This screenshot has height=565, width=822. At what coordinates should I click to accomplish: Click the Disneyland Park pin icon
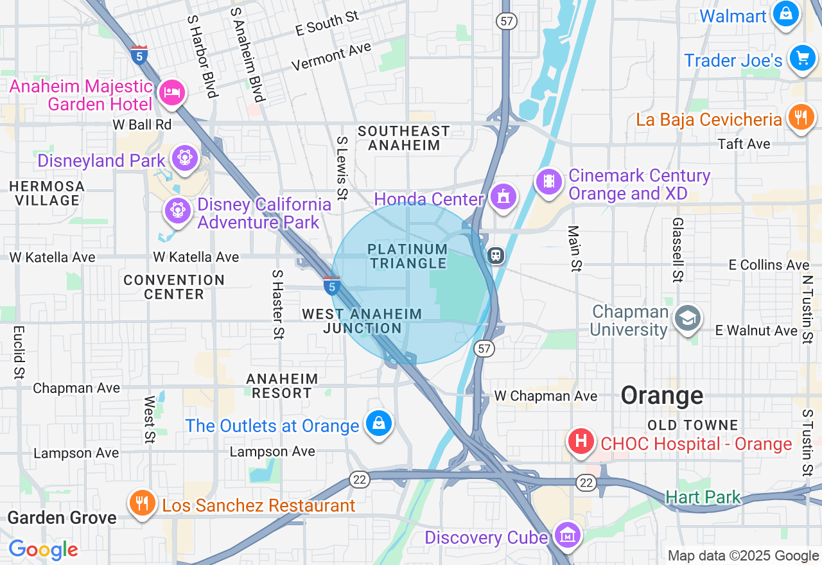point(185,157)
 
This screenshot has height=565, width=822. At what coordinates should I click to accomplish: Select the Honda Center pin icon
point(502,196)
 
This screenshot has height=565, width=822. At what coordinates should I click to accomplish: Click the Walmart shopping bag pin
point(785,13)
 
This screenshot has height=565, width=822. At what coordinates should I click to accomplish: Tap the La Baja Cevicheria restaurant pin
point(800,117)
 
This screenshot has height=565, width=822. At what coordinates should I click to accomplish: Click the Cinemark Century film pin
point(549,181)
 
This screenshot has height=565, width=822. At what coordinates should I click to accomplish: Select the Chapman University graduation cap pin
point(688,318)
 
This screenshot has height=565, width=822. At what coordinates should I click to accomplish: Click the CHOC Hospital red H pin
point(581,442)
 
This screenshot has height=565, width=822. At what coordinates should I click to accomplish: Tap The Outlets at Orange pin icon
point(379,424)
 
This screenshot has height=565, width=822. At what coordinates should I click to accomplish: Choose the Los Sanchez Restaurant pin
point(141,503)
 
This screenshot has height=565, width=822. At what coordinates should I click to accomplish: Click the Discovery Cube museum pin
point(568,535)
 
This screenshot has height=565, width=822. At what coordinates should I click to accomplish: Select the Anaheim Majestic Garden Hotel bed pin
point(171,92)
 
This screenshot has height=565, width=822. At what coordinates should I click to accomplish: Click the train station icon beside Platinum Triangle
point(496,256)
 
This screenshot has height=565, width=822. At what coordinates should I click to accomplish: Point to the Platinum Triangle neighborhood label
point(408,256)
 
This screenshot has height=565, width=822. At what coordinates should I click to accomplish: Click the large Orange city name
point(662,395)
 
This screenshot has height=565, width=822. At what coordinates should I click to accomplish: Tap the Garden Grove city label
point(62,517)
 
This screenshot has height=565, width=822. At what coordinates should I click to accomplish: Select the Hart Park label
point(703,497)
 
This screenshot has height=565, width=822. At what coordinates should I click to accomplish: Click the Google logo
point(43,550)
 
